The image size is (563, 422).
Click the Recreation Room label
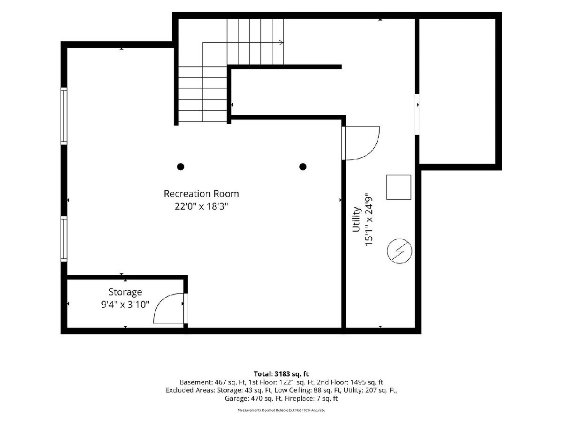coord(201,194)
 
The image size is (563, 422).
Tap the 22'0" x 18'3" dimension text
coord(201,206)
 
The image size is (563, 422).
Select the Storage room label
coord(125,292)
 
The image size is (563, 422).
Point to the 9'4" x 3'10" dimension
coord(125,305)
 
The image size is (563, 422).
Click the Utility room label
coord(357,219)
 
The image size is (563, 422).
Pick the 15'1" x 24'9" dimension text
coord(369,219)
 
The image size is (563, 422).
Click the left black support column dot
coord(181,167)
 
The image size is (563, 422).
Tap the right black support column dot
coord(303,167)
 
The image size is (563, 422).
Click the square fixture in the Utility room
coord(399,187)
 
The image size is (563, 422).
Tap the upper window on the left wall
coord(64,116)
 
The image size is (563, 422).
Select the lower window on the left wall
coord(64,239)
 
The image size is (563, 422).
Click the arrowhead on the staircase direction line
coord(281,42)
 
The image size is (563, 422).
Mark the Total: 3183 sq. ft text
coord(281,374)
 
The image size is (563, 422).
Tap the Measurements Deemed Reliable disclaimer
coord(281,410)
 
